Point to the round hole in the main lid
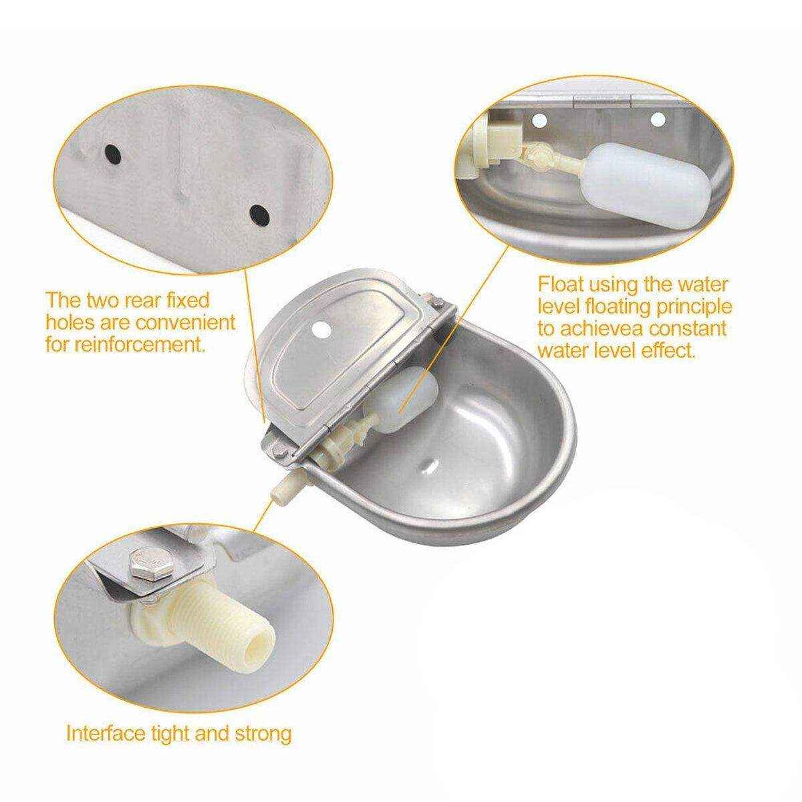point(323,329)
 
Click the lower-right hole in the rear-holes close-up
point(259,216)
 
